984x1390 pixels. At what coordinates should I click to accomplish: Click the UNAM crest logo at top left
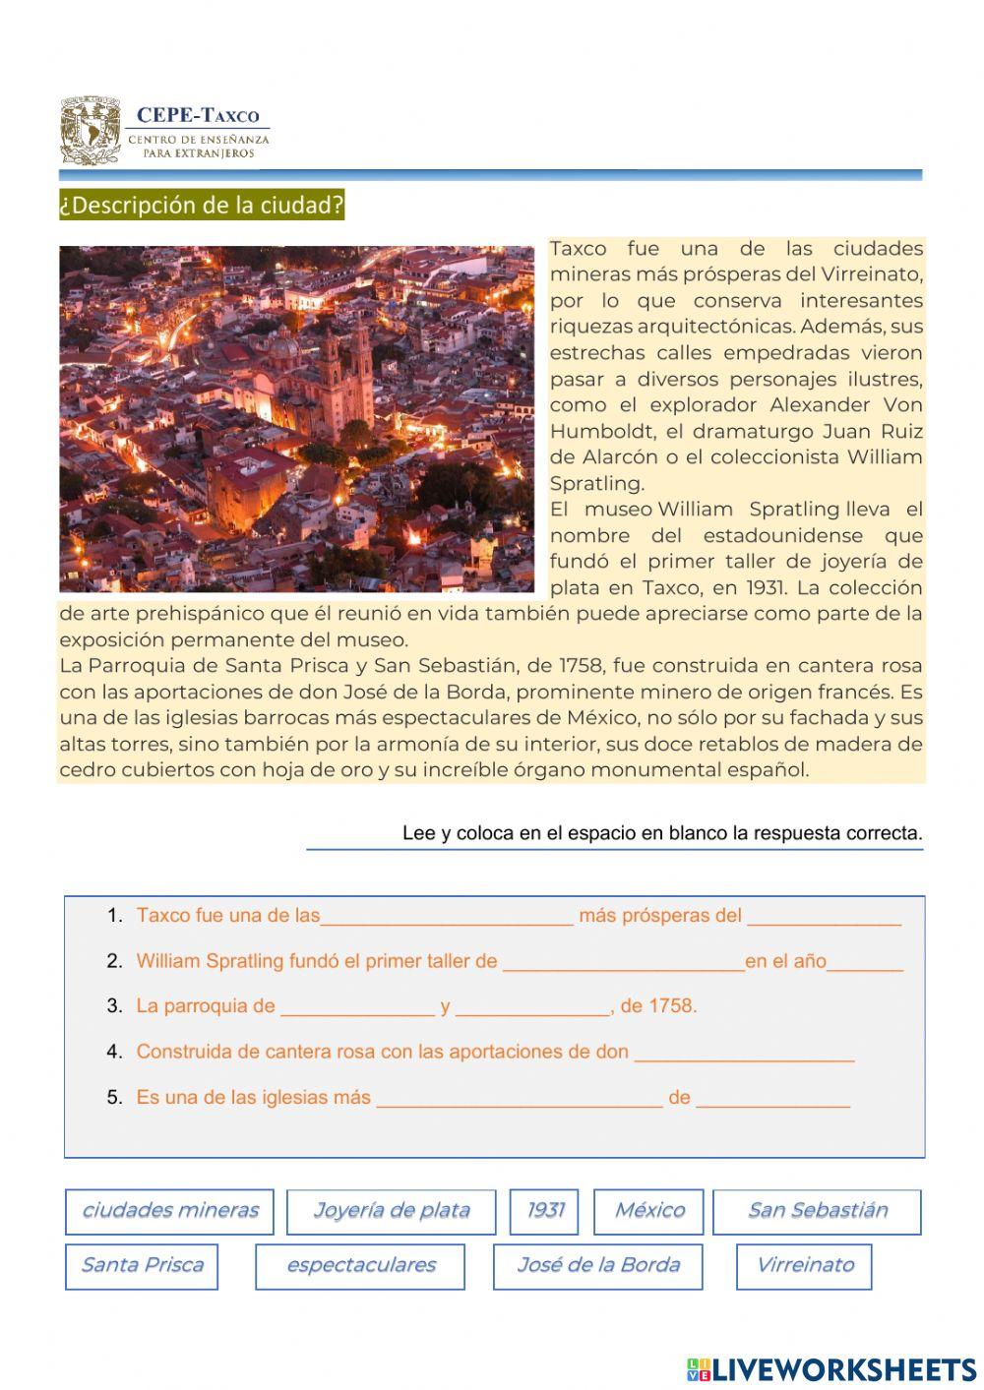[x=91, y=130]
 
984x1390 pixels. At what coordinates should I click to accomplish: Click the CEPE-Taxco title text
[x=198, y=116]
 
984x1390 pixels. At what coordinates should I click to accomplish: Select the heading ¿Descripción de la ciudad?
[x=202, y=206]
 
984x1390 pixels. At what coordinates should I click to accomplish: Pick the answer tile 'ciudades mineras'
[x=170, y=1211]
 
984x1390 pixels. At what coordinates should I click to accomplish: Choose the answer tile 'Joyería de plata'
[x=391, y=1211]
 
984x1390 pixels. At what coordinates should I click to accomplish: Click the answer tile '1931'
[x=544, y=1211]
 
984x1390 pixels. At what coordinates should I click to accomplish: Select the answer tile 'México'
[x=648, y=1211]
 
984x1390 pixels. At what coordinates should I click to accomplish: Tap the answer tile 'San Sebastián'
[x=817, y=1211]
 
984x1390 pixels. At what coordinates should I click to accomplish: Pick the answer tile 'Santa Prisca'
[x=142, y=1266]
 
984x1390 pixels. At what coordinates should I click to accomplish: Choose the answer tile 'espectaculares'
[x=360, y=1266]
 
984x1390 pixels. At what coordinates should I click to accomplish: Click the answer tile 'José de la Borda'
[x=597, y=1266]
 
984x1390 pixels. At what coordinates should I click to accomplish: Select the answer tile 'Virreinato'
[x=804, y=1266]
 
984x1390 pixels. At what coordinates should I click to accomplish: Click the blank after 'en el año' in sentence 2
[x=865, y=962]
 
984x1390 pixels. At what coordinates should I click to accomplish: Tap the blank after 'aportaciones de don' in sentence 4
[x=744, y=1053]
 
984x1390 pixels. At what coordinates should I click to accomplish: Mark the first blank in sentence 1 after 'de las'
[x=447, y=917]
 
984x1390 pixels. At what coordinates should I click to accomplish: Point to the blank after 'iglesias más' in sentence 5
[x=520, y=1098]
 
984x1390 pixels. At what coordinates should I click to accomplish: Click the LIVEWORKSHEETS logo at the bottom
[x=830, y=1368]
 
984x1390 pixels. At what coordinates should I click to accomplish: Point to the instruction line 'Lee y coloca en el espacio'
[x=661, y=833]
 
